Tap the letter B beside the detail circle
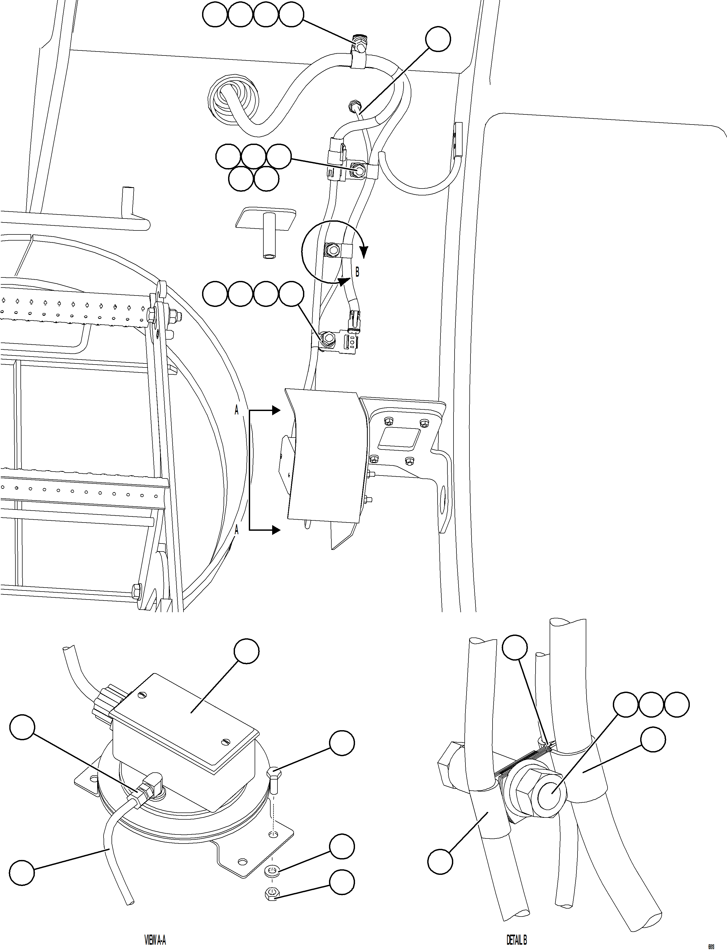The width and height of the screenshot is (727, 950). [x=357, y=272]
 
